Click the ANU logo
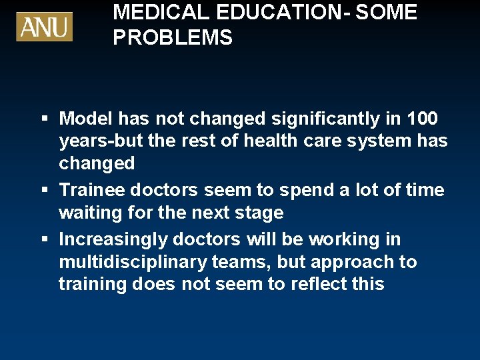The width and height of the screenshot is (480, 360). point(45,27)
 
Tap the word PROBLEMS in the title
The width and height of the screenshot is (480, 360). point(173,38)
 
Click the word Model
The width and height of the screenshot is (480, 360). point(85,119)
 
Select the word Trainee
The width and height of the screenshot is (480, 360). point(92,190)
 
